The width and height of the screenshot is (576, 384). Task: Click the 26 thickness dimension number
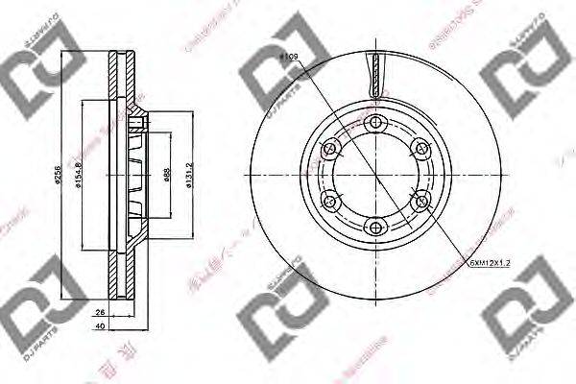tap(99, 313)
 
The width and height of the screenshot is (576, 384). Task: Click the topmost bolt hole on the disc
tap(375, 123)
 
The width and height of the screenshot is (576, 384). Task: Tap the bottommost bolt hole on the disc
tap(375, 227)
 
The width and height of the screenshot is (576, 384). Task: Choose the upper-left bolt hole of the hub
tap(331, 149)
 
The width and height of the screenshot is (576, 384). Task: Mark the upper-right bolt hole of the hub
tap(420, 149)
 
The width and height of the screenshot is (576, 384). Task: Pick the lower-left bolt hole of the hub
tap(331, 201)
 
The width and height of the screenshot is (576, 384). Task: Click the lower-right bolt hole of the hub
tap(420, 201)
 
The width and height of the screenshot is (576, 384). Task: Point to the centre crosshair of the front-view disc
tap(375, 175)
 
